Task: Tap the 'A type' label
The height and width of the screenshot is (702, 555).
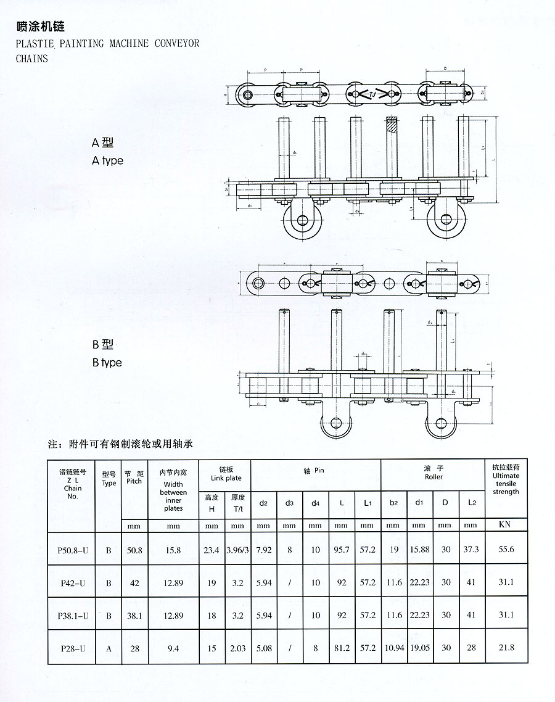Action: click(x=107, y=160)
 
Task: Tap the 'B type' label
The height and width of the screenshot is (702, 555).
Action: click(x=107, y=362)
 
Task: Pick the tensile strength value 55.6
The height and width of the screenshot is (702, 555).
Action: click(x=506, y=549)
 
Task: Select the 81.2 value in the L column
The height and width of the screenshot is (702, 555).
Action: click(x=341, y=648)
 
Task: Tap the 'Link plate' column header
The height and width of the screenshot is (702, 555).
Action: click(x=226, y=474)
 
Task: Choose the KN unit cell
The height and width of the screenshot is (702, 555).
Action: click(x=506, y=525)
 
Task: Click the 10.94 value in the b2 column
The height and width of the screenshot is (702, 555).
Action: click(x=393, y=648)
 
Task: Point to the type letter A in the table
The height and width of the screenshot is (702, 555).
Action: click(x=109, y=648)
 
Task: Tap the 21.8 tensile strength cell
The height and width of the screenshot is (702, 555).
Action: click(x=506, y=648)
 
